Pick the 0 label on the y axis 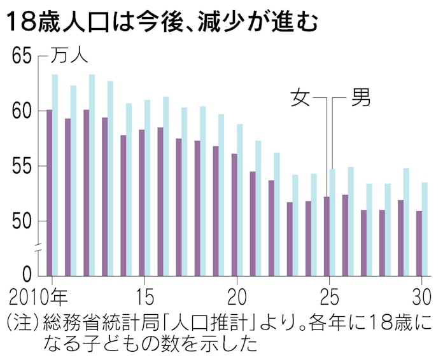tap(27, 274)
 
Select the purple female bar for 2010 tap(49, 191)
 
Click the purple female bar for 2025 tap(327, 235)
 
